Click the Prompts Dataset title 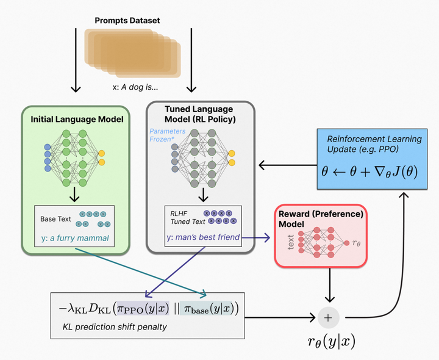click(x=127, y=21)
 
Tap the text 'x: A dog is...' click(x=135, y=87)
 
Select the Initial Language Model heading click(x=77, y=120)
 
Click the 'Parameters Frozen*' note click(x=166, y=135)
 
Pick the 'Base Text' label click(x=55, y=218)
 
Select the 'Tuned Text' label click(x=188, y=222)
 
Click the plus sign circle click(x=329, y=317)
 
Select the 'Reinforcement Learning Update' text click(x=374, y=144)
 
